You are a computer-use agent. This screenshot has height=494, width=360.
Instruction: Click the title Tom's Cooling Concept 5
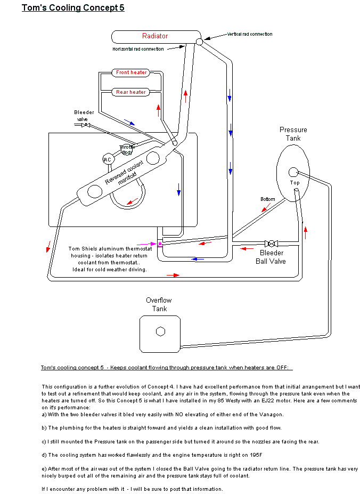73,8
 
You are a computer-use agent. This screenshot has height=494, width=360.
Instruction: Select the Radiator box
154,36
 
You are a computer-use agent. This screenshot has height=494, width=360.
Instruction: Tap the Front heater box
131,72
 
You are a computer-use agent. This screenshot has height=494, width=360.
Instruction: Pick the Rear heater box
131,92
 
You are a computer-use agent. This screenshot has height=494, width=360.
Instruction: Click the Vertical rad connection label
250,34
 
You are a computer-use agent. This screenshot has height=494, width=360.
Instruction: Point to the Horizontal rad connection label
137,49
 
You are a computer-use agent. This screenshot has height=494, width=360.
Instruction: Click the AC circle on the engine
108,159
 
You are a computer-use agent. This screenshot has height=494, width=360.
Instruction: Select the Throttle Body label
127,149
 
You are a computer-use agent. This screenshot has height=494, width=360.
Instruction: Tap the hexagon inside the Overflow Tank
160,331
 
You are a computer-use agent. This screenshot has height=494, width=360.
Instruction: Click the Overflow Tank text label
159,304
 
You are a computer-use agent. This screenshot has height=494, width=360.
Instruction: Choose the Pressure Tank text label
293,134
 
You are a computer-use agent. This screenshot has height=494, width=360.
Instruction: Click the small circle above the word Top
293,172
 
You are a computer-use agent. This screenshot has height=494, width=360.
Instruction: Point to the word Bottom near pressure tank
268,199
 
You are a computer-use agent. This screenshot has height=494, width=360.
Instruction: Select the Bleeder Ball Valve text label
271,257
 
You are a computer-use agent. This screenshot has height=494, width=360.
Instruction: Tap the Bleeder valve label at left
84,116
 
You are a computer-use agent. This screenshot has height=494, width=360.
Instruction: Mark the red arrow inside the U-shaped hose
132,201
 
